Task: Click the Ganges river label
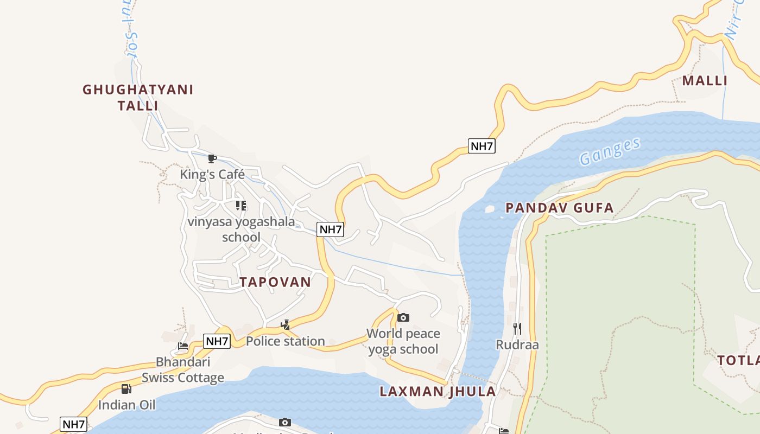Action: pyautogui.click(x=610, y=151)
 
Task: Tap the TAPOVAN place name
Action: pyautogui.click(x=275, y=282)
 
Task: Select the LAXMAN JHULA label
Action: pyautogui.click(x=438, y=392)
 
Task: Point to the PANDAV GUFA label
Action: pyautogui.click(x=559, y=208)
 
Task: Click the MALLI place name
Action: pyautogui.click(x=705, y=81)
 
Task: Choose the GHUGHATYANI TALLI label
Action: pyautogui.click(x=138, y=98)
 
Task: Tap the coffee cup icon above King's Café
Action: pyautogui.click(x=212, y=158)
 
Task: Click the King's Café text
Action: pyautogui.click(x=212, y=175)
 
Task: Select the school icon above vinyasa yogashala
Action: pyautogui.click(x=241, y=206)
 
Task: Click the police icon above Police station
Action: pyautogui.click(x=285, y=325)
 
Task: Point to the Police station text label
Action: pyautogui.click(x=286, y=341)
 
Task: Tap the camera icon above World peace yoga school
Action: pyautogui.click(x=403, y=317)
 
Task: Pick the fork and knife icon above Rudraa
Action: pyautogui.click(x=517, y=328)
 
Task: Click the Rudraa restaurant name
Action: pyautogui.click(x=517, y=344)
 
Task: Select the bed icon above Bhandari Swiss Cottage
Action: pyautogui.click(x=183, y=346)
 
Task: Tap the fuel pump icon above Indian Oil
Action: pyautogui.click(x=126, y=388)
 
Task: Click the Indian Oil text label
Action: pyautogui.click(x=126, y=405)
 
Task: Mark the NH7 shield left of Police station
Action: pyautogui.click(x=217, y=341)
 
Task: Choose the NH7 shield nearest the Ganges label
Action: pyautogui.click(x=482, y=146)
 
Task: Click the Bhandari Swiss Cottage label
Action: pyautogui.click(x=183, y=370)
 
